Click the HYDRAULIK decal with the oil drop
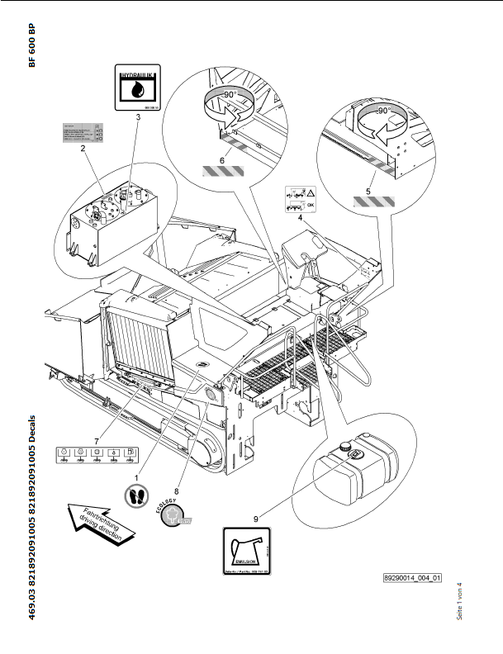(136, 88)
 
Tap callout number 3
(138, 119)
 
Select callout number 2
(83, 149)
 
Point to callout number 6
(221, 159)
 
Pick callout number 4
(301, 218)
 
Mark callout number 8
(176, 467)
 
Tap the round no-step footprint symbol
(137, 496)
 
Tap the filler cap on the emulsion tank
(354, 453)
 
